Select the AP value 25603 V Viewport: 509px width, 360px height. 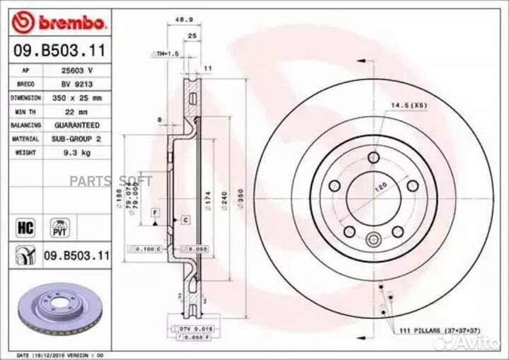click(78, 71)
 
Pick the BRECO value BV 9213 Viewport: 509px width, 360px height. click(78, 83)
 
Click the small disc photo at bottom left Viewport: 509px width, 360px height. click(52, 308)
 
